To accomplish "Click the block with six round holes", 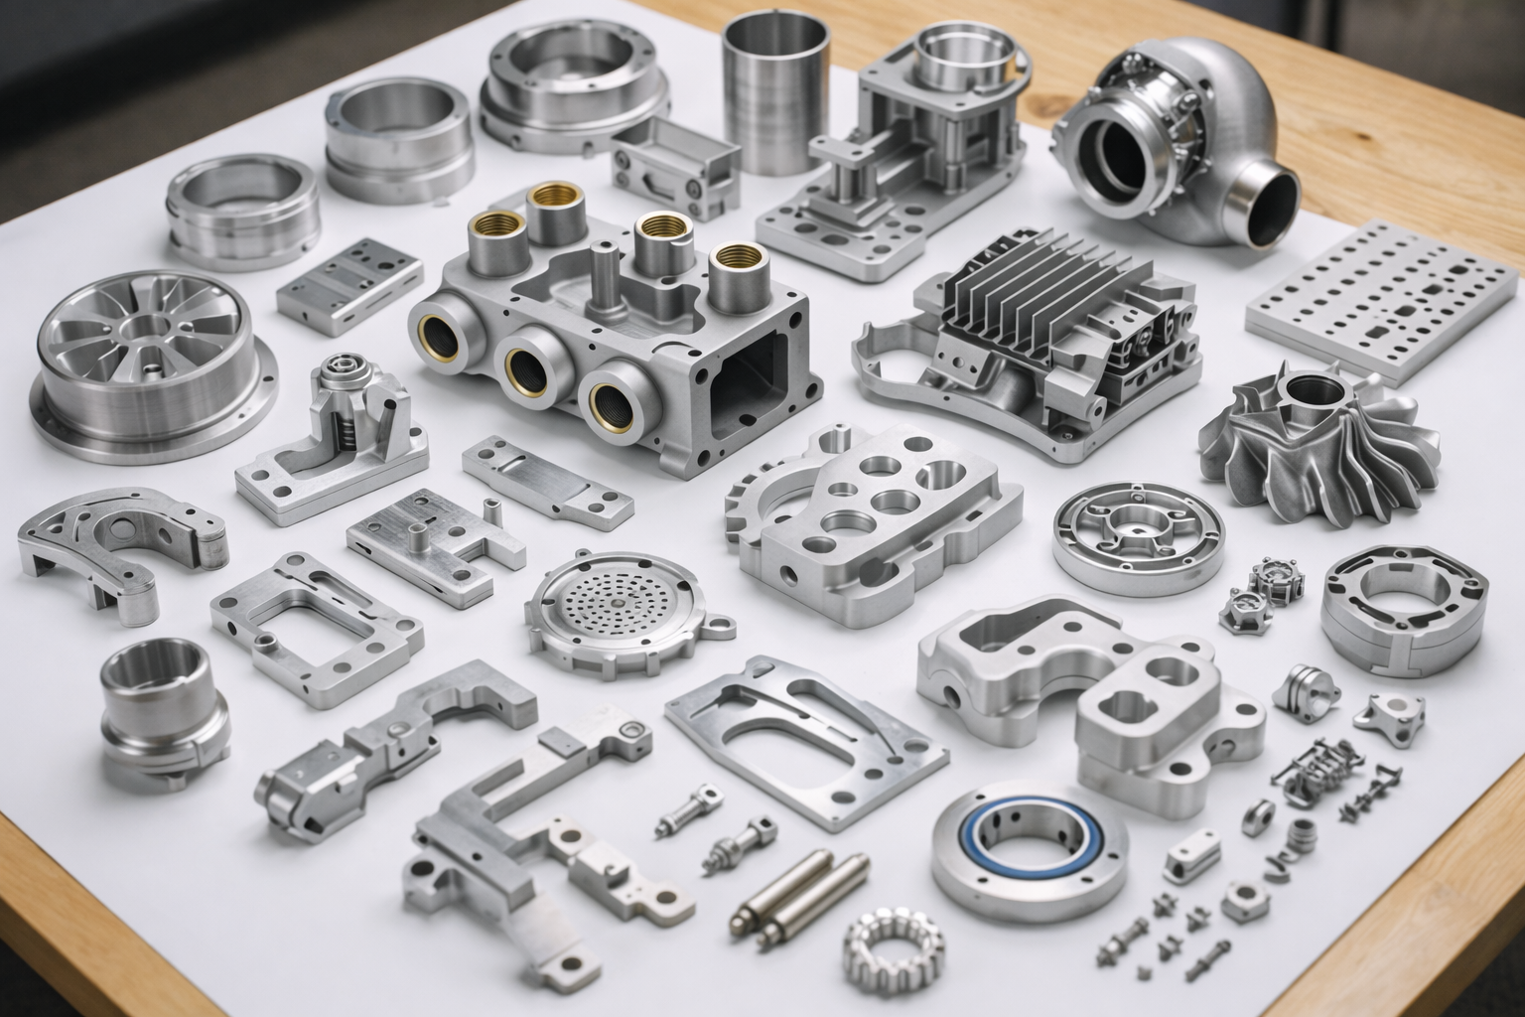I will click(x=874, y=507).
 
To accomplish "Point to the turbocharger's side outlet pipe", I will click(x=1266, y=204).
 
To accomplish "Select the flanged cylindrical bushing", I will click(x=159, y=705).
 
